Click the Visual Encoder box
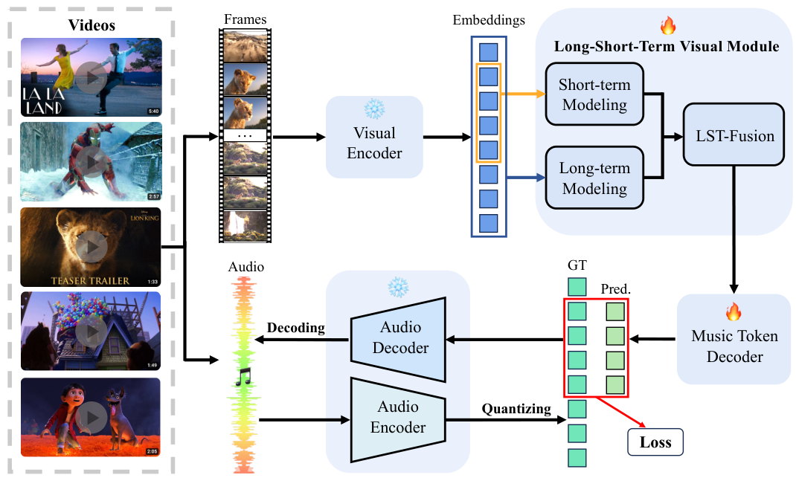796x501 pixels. point(374,143)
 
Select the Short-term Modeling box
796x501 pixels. point(594,94)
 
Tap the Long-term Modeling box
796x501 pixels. point(594,178)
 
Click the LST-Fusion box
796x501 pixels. point(734,135)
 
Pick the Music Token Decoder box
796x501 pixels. point(734,346)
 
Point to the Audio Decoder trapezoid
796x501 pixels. point(399,337)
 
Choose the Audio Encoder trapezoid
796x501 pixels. point(399,417)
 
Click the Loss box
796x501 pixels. point(655,442)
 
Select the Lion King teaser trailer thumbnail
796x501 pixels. point(92,248)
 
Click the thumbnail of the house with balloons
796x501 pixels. point(92,331)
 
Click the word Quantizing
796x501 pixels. point(516,409)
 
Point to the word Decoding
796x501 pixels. point(295,328)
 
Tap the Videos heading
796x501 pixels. point(92,25)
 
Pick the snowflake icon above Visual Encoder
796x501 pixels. point(373,109)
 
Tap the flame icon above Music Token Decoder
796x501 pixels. point(734,310)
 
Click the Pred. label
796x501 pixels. point(615,288)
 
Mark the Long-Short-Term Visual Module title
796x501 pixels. point(667,47)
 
